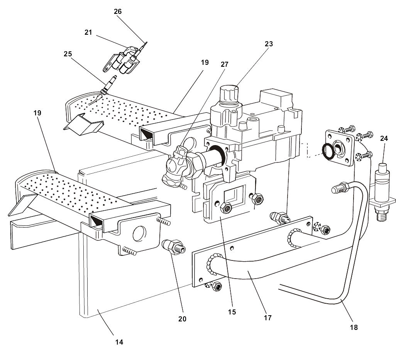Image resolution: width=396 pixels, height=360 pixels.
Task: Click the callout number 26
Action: [x=118, y=12]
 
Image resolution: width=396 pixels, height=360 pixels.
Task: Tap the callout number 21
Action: [x=88, y=32]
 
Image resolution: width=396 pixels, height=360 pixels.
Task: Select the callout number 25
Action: [x=68, y=54]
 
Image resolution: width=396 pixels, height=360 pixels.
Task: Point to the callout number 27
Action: [x=225, y=64]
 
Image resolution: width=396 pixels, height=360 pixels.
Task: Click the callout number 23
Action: [x=269, y=44]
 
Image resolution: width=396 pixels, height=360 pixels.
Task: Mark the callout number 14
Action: [x=120, y=341]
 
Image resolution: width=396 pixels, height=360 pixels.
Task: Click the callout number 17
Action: [x=268, y=318]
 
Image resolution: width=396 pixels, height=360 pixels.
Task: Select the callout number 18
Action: [x=354, y=327]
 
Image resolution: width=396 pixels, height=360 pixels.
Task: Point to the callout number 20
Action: [x=182, y=319]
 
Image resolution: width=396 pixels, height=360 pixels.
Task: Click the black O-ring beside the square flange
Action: [x=328, y=151]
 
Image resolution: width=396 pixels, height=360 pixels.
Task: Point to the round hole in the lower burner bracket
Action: [x=139, y=234]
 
